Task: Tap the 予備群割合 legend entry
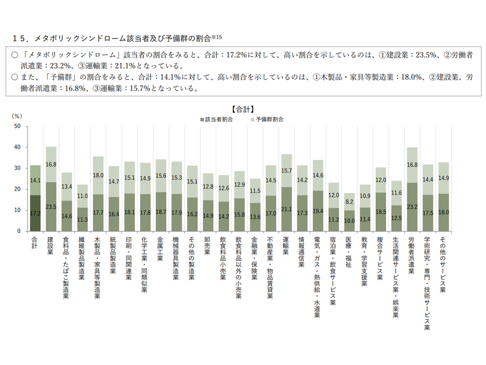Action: coord(268,120)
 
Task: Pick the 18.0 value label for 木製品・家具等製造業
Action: coord(98,175)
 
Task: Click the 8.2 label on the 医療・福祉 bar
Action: coord(349,201)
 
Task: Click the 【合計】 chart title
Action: coord(242,108)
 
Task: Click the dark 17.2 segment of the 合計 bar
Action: coord(35,213)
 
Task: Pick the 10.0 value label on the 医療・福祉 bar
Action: coord(349,221)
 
